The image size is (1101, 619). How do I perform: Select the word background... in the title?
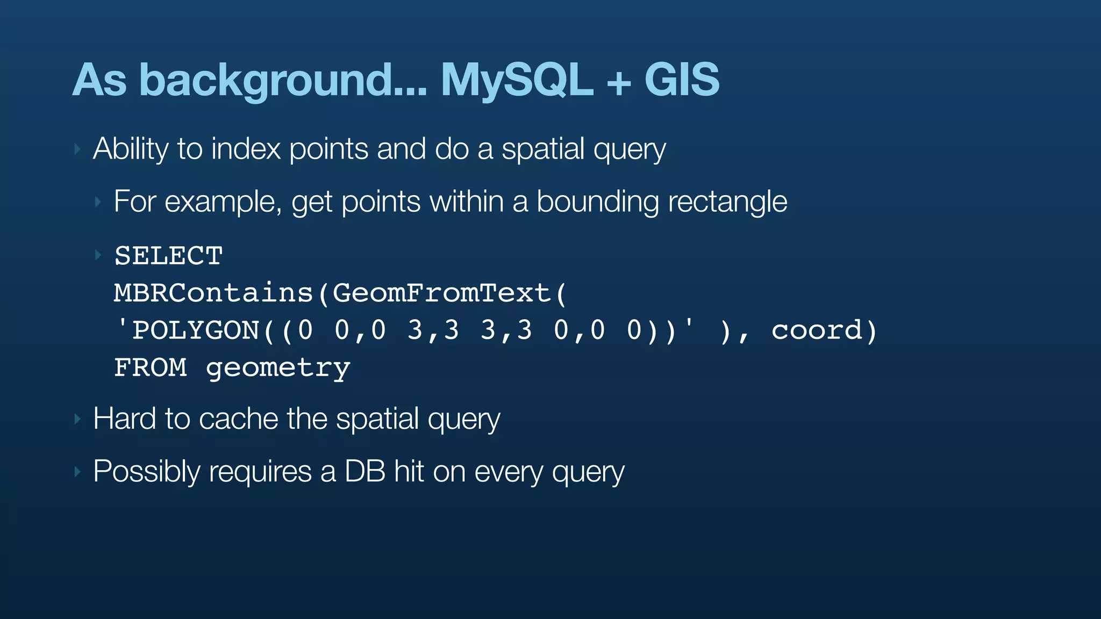(x=283, y=81)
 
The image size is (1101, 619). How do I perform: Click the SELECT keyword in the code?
(x=168, y=256)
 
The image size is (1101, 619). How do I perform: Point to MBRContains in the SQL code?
(x=213, y=293)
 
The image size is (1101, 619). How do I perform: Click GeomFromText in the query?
(x=442, y=293)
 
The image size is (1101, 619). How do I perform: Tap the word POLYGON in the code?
(x=196, y=330)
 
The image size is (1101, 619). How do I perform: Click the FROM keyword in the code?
(x=151, y=368)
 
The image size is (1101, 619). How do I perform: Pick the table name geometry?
(x=278, y=369)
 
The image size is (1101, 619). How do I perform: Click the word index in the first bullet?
(x=246, y=149)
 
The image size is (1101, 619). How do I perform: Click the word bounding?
(x=597, y=202)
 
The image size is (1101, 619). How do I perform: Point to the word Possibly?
(x=146, y=472)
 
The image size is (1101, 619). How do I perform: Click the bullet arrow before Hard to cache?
(x=77, y=419)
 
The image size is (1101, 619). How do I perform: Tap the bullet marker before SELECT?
(x=98, y=255)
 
